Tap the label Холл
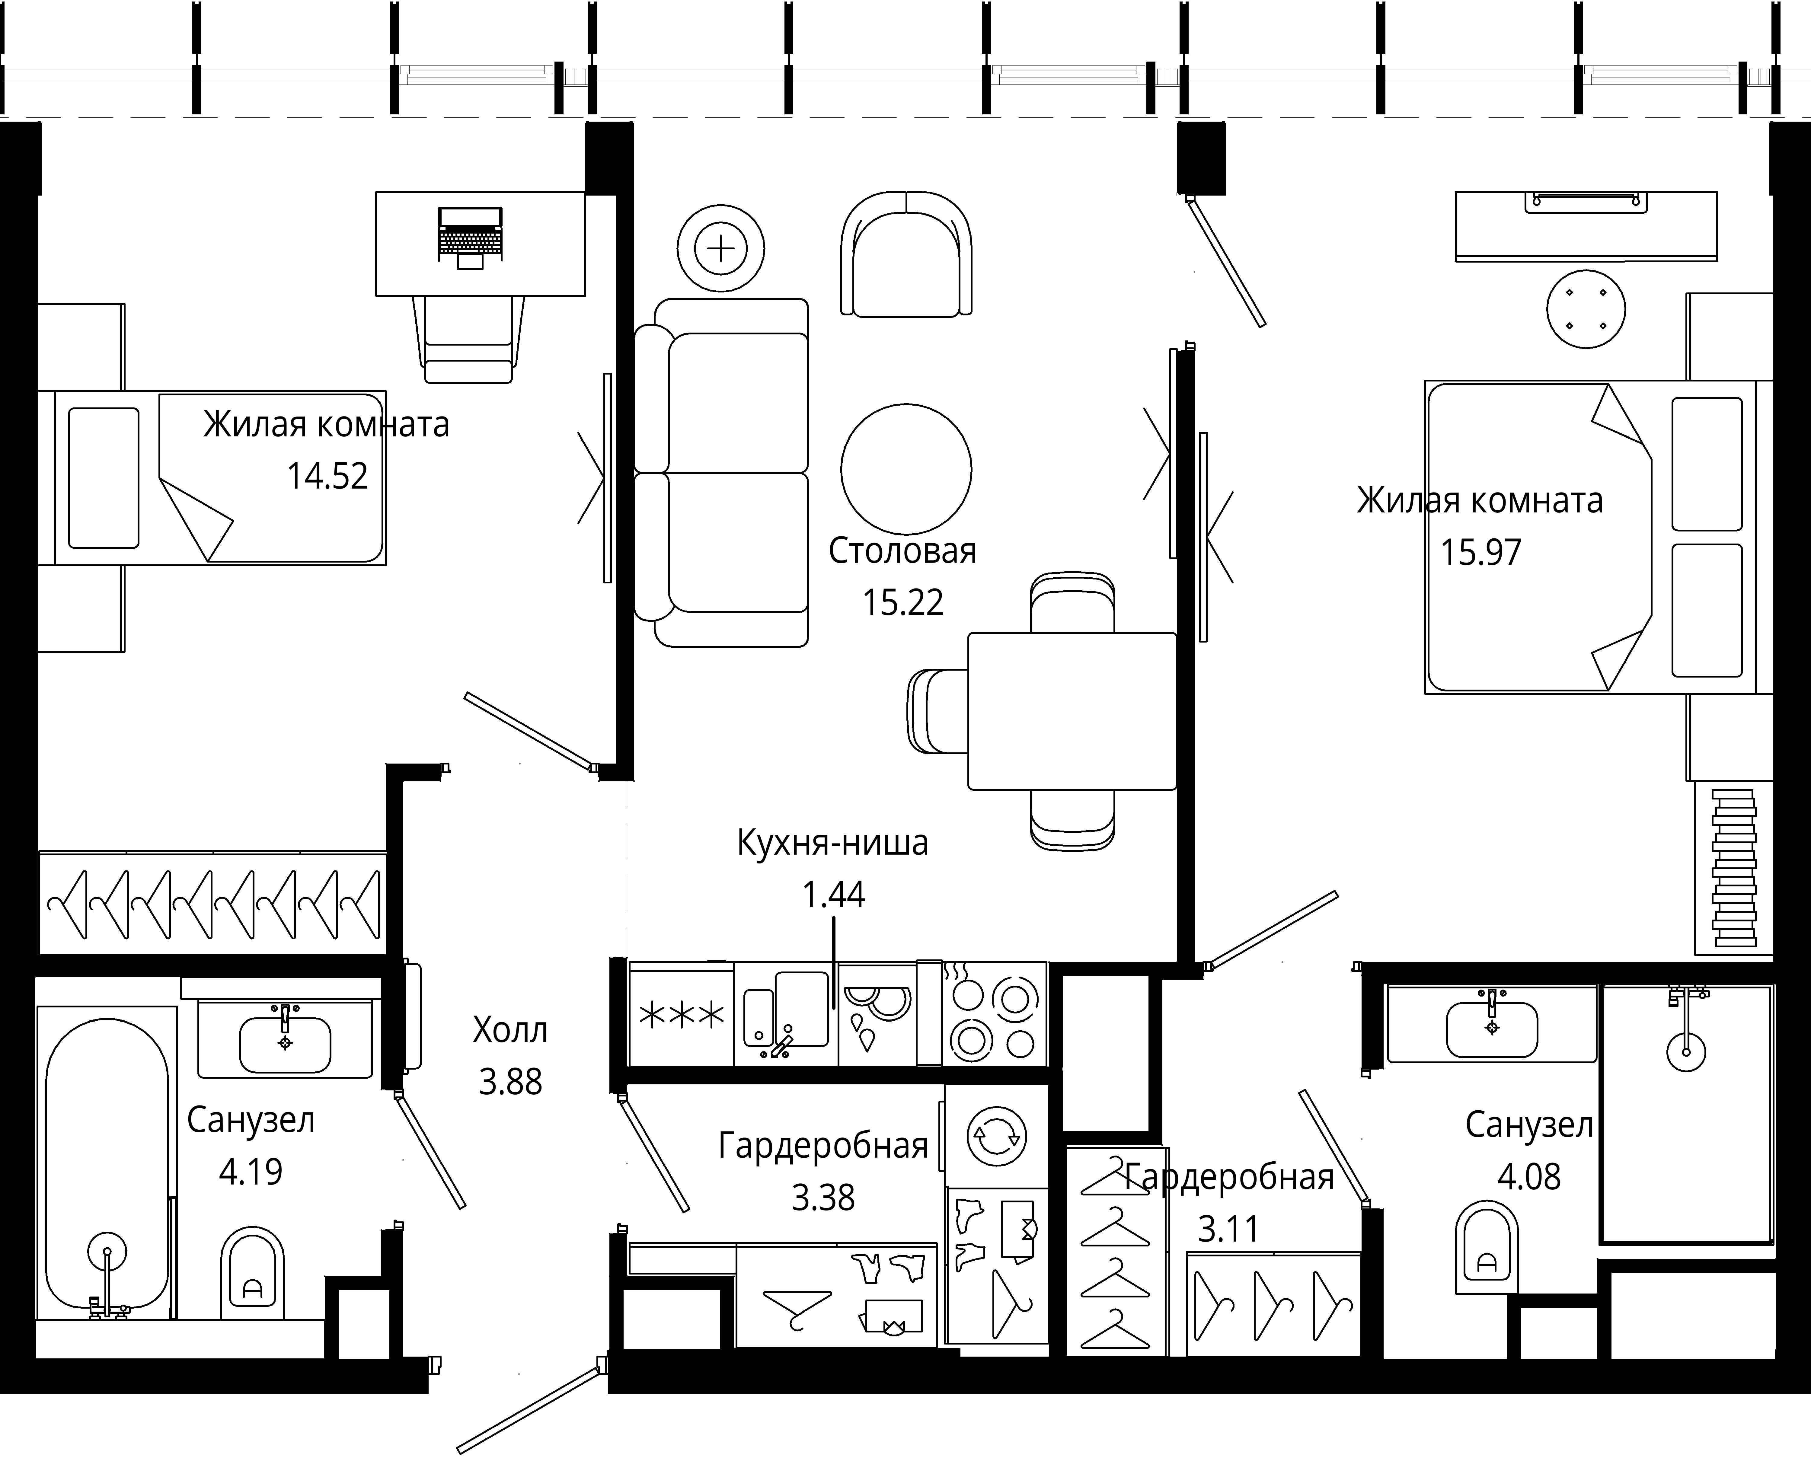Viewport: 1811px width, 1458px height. (x=510, y=1030)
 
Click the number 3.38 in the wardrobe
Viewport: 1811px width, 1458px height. (x=823, y=1198)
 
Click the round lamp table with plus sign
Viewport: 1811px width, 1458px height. (x=721, y=249)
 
